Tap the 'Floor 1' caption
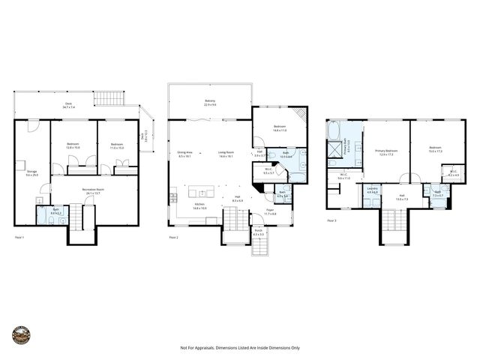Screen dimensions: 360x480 [x=20, y=236]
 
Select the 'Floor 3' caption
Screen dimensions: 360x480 [x=331, y=220]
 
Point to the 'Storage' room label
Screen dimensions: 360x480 [x=31, y=172]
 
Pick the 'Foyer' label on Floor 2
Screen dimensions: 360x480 [x=269, y=212]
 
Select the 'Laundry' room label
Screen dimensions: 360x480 [x=373, y=189]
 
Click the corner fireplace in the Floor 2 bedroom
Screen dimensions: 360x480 [x=301, y=115]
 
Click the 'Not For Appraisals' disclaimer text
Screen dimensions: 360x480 [x=239, y=348]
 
